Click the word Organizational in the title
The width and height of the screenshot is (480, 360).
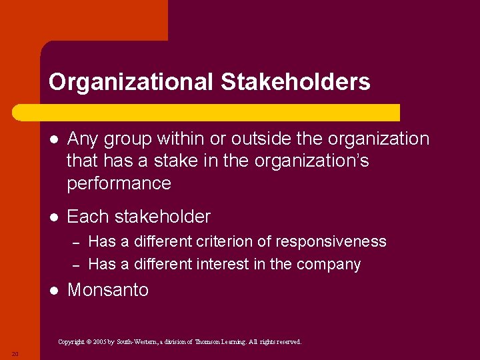[131, 82]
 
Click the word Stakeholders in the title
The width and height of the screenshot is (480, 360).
[295, 82]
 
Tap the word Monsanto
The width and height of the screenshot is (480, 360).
[108, 290]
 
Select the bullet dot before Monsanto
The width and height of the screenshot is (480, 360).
[54, 291]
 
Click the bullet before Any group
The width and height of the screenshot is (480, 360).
[54, 139]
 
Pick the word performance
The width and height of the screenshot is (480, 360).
[119, 183]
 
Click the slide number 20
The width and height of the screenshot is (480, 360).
[14, 353]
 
